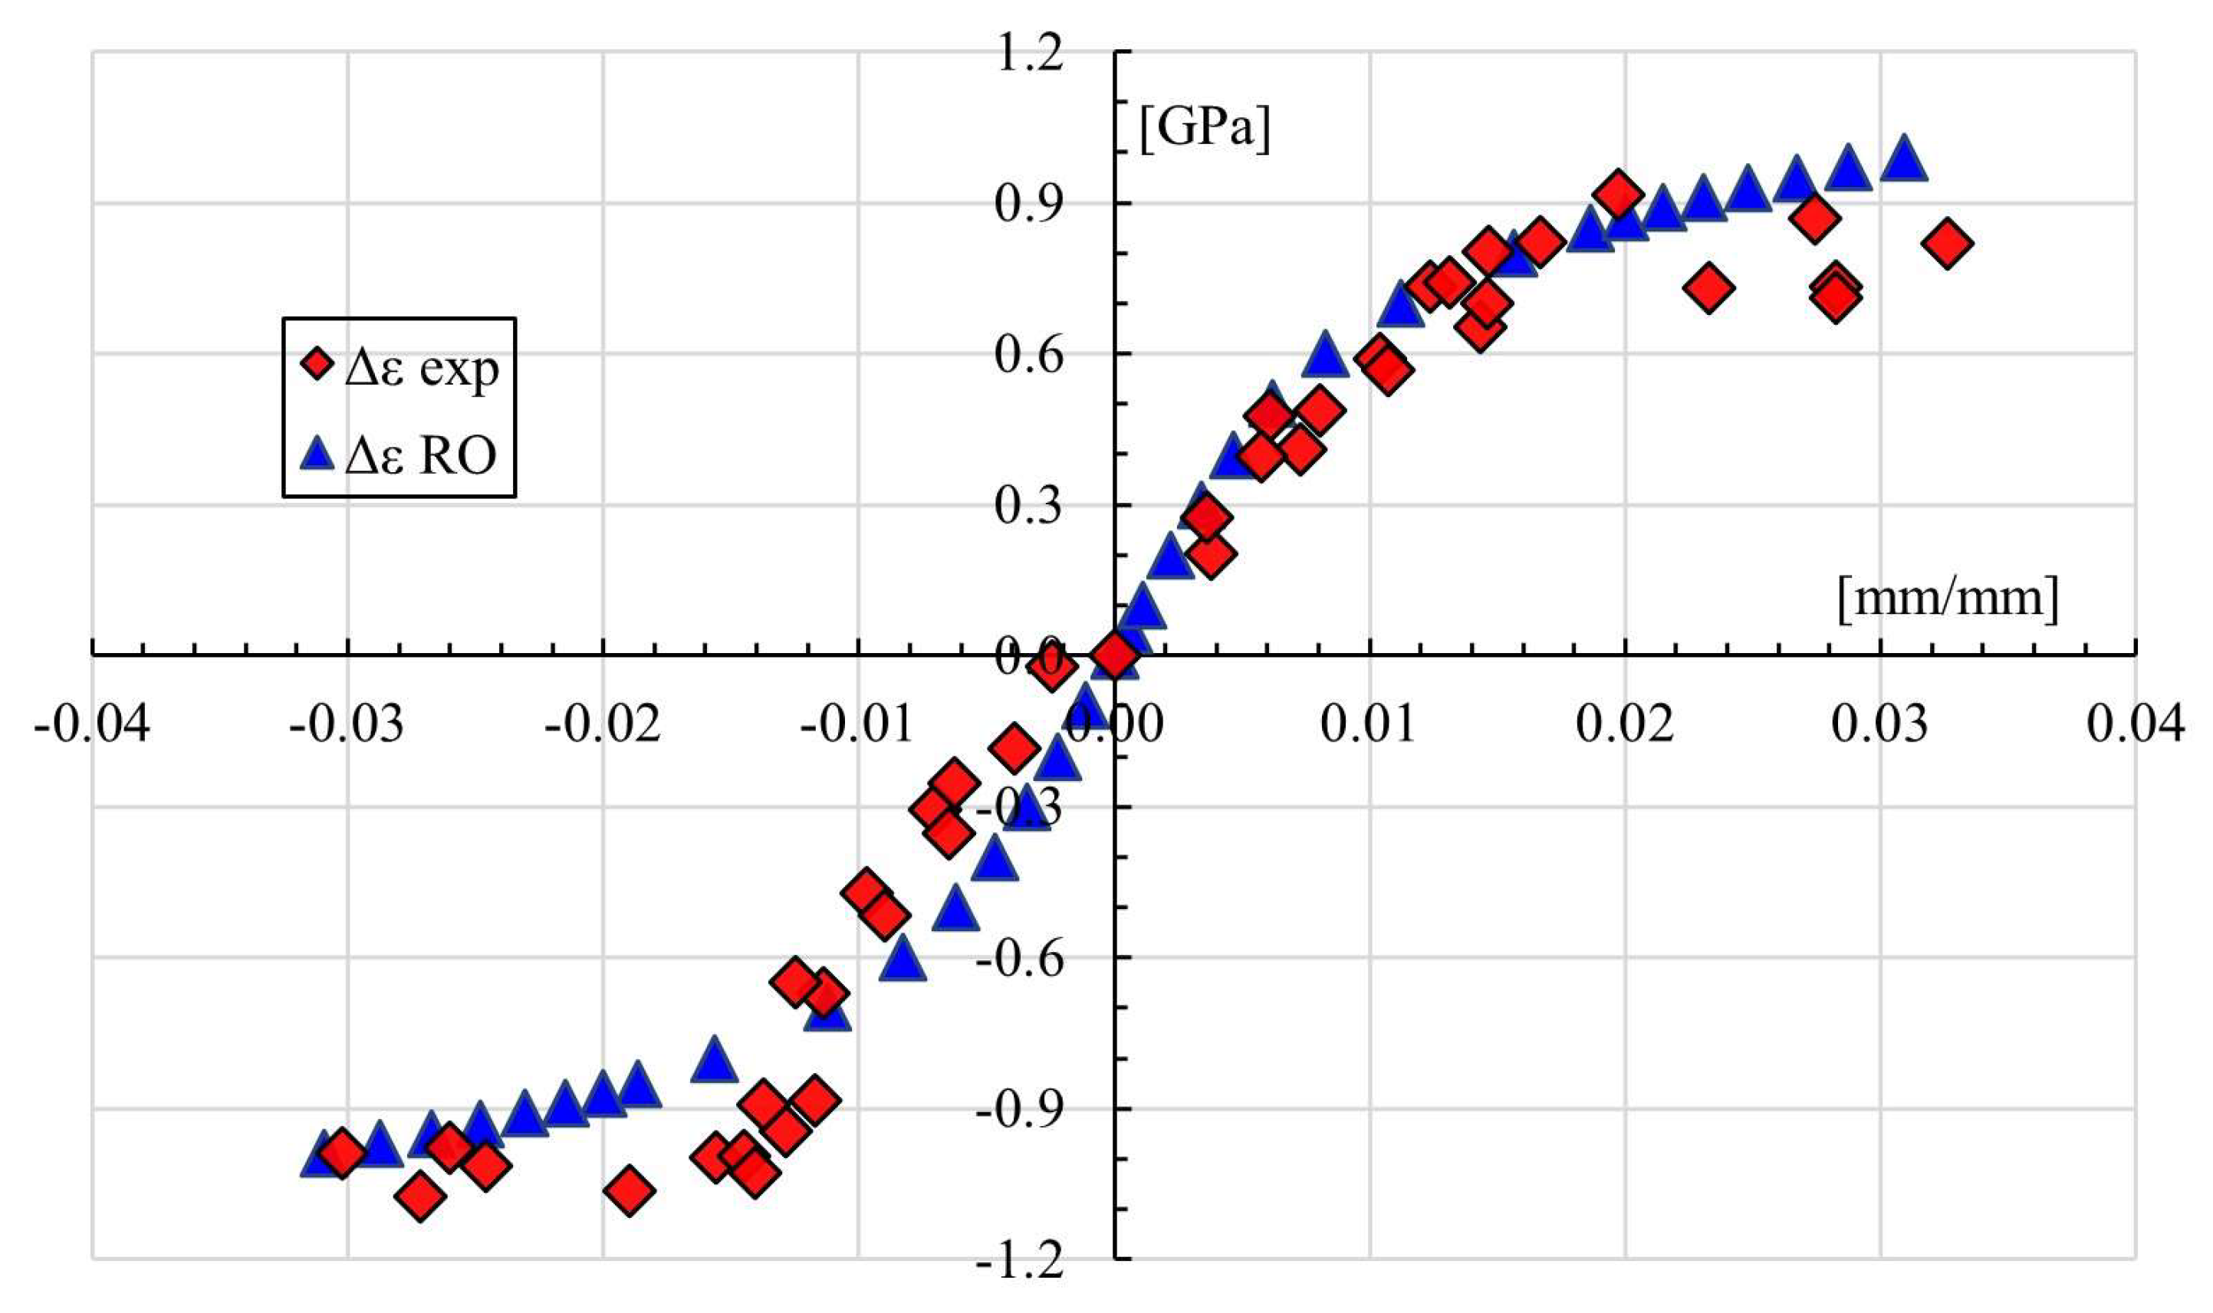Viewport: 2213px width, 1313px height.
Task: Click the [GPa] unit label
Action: [1205, 130]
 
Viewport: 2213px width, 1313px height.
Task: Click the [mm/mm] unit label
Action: [1948, 599]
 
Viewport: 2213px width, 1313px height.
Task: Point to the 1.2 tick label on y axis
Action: [1028, 55]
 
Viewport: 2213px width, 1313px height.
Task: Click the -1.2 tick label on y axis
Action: [1019, 1262]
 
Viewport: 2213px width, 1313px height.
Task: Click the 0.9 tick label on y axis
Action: [1028, 205]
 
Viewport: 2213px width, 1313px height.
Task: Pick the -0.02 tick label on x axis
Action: [603, 724]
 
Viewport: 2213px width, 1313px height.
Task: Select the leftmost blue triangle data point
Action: [323, 1154]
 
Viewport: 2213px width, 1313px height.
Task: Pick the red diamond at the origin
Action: [1114, 655]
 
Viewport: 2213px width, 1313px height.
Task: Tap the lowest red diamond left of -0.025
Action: [420, 1196]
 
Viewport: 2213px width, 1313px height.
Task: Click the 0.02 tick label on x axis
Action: [1625, 724]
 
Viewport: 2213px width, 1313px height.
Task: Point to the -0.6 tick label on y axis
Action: [1019, 960]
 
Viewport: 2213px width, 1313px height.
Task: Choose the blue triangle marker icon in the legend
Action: [316, 455]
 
